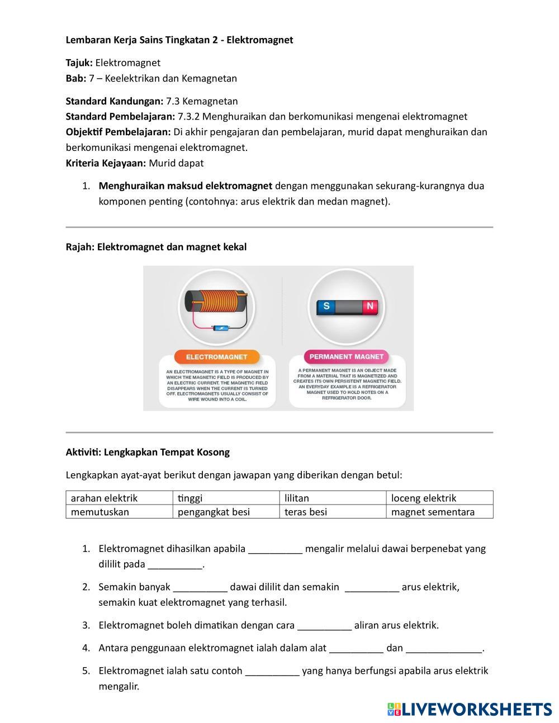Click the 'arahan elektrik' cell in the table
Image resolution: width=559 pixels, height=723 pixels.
[x=119, y=498]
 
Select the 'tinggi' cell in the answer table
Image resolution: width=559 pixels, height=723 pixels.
[x=226, y=498]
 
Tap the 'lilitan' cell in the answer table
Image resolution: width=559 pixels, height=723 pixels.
[x=333, y=498]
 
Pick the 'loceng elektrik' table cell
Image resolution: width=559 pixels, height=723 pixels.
[x=439, y=498]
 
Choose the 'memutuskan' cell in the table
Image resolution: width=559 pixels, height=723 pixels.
[x=119, y=512]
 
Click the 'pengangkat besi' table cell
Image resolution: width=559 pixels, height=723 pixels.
[x=226, y=512]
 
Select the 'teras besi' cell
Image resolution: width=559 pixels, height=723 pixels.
[x=333, y=512]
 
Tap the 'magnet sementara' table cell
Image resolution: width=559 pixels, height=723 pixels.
[x=439, y=512]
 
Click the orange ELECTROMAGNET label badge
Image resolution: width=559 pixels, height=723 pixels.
[x=217, y=356]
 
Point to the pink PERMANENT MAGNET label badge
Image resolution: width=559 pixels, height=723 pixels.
[x=347, y=356]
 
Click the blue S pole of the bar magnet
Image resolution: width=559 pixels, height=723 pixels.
[x=326, y=306]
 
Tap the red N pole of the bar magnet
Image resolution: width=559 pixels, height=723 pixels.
[x=369, y=306]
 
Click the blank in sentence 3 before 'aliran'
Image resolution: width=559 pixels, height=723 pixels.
[x=324, y=626]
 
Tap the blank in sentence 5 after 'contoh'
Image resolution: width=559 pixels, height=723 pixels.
[x=272, y=671]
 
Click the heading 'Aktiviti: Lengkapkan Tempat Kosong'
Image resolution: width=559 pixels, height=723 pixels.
[x=148, y=452]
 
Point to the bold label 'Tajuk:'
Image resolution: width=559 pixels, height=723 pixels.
[x=79, y=63]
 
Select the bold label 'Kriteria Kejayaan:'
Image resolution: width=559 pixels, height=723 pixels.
[x=106, y=163]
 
